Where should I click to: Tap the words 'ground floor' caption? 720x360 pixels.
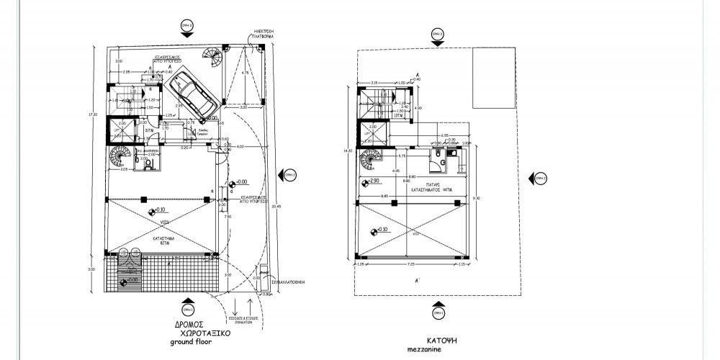[x=192, y=343]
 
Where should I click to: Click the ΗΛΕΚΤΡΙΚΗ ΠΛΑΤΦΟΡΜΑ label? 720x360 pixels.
[x=265, y=33]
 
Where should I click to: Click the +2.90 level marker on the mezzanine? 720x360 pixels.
[x=372, y=181]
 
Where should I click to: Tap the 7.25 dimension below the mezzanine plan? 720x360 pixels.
[x=410, y=265]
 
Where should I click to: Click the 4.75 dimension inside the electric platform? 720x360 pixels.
[x=246, y=73]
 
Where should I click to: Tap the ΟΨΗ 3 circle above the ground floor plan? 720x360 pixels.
[x=188, y=25]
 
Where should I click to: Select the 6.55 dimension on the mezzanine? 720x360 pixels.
[x=426, y=135]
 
